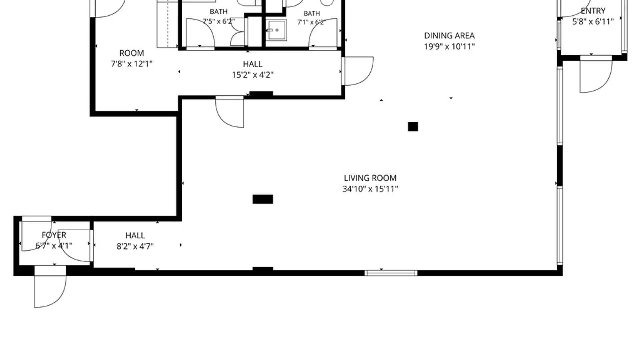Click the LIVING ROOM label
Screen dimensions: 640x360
370,178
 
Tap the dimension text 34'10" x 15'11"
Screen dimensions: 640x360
370,189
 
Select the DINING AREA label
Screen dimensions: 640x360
449,36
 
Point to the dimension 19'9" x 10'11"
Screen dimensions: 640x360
449,46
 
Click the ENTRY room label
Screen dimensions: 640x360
593,11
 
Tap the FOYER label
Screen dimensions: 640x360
54,235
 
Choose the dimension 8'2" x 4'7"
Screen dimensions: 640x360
135,246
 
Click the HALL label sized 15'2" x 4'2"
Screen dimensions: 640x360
252,64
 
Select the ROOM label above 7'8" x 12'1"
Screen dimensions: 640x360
132,53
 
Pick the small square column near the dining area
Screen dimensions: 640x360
413,127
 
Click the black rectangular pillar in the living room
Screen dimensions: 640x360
263,199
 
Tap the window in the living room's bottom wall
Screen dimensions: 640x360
391,273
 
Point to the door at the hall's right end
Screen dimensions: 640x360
357,71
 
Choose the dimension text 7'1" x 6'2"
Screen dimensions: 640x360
311,22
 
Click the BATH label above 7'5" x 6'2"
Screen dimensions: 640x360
219,12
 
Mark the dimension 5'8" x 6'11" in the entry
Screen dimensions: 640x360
593,22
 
